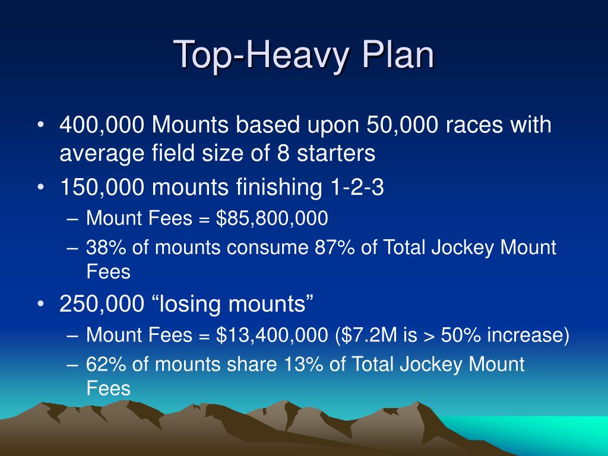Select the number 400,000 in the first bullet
coord(102,125)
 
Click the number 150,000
coord(102,188)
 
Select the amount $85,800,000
coord(272,219)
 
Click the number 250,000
coord(102,305)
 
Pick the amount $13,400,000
coord(272,335)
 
